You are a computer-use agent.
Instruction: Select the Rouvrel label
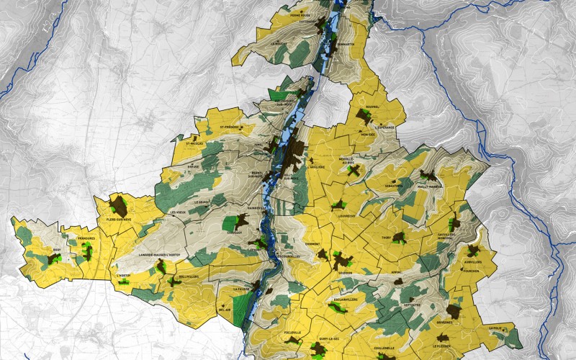pyautogui.click(x=372, y=108)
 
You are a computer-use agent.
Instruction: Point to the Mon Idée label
pyautogui.click(x=369, y=134)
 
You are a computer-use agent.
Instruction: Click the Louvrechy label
pyautogui.click(x=348, y=214)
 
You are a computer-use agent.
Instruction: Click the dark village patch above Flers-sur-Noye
pyautogui.click(x=118, y=204)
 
